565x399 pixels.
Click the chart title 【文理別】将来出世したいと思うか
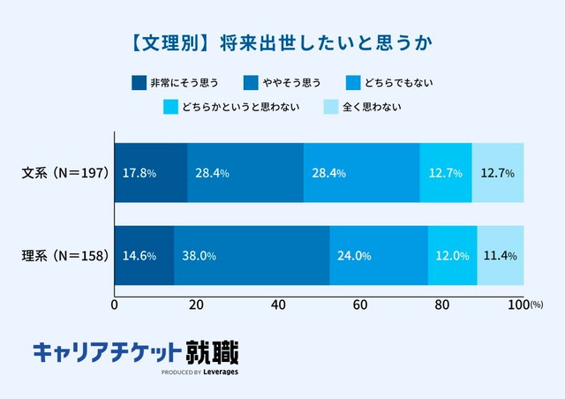[x=282, y=41]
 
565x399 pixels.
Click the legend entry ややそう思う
[x=287, y=83]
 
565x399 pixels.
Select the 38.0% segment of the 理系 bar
[x=252, y=256]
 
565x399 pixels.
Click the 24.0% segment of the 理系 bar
[x=379, y=256]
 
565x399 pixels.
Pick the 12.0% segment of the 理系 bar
[x=452, y=256]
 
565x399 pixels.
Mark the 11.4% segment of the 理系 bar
[x=500, y=256]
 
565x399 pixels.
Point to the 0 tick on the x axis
[x=115, y=305]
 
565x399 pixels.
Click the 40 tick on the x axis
[x=278, y=305]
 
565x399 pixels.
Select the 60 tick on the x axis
[x=360, y=305]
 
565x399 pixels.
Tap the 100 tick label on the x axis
[x=519, y=305]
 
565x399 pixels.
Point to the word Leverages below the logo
[x=218, y=373]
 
